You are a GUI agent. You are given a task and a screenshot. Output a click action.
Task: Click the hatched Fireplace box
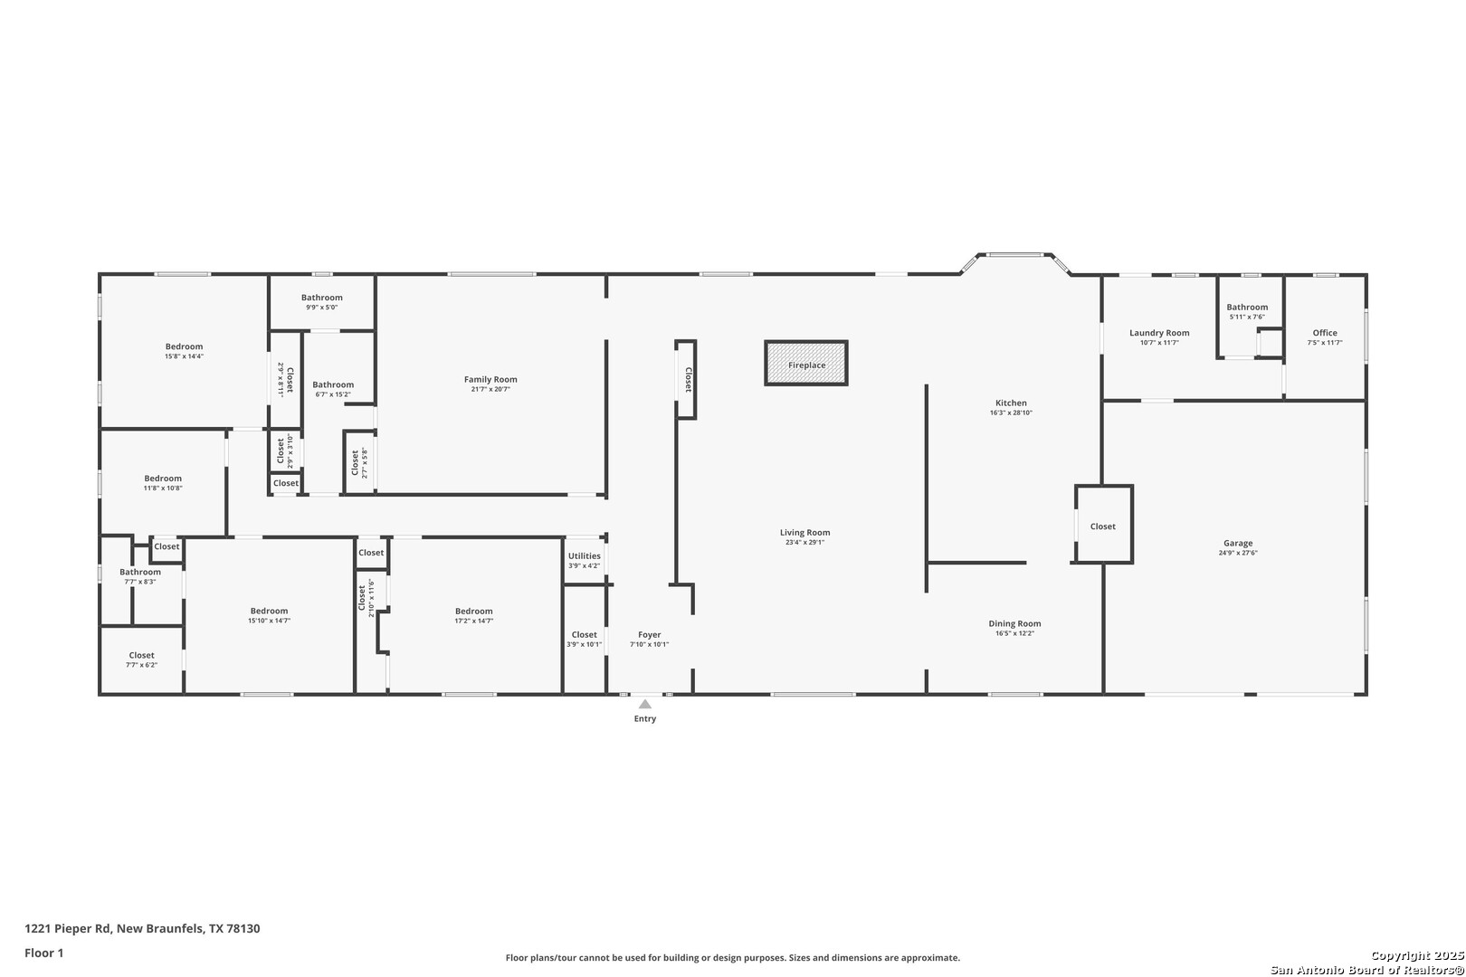click(x=805, y=364)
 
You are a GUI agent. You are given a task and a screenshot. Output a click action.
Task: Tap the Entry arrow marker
click(x=644, y=704)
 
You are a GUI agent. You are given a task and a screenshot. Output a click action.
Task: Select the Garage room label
click(x=1237, y=544)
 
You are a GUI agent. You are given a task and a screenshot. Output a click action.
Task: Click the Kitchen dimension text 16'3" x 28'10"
click(x=1011, y=413)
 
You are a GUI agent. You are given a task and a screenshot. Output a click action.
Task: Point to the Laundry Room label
click(x=1159, y=333)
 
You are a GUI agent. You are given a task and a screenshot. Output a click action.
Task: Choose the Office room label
click(x=1324, y=333)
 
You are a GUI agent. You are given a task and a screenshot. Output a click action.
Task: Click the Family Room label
click(x=490, y=380)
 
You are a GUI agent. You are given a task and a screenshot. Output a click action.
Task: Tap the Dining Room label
click(x=1014, y=623)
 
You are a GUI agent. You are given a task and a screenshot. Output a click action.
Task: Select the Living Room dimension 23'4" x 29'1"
click(x=804, y=543)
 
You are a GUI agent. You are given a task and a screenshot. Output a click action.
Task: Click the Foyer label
click(x=649, y=635)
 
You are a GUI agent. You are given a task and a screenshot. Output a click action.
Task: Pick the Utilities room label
click(x=584, y=556)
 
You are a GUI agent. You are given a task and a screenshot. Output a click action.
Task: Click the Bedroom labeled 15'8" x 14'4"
click(x=184, y=346)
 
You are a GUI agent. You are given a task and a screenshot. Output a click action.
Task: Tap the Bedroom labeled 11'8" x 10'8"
click(x=163, y=479)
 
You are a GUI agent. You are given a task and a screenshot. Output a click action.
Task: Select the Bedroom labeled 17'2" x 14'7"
click(x=473, y=612)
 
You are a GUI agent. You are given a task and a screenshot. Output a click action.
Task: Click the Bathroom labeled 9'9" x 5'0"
click(x=322, y=298)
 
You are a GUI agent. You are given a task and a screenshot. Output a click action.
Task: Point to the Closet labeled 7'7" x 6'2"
click(x=141, y=656)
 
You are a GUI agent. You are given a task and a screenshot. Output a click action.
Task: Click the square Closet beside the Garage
click(x=1102, y=526)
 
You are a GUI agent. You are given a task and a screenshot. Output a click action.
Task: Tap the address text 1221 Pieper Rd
click(x=142, y=928)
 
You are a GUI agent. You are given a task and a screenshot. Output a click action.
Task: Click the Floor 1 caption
click(x=44, y=953)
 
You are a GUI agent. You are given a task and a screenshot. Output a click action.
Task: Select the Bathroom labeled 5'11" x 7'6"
click(x=1247, y=308)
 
